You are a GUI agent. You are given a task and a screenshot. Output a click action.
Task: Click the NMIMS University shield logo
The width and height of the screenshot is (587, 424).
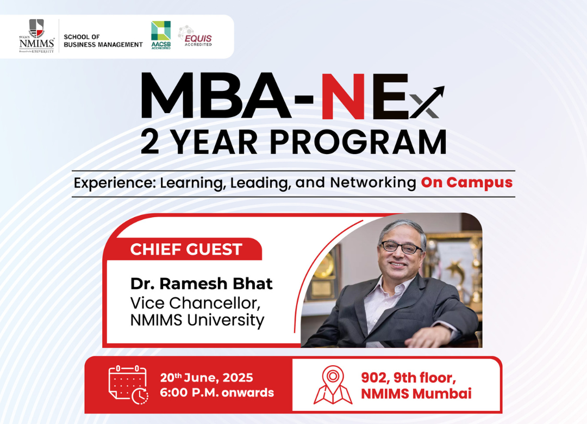pos(37,36)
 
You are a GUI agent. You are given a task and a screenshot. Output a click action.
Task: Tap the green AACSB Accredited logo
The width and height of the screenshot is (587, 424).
pos(161,35)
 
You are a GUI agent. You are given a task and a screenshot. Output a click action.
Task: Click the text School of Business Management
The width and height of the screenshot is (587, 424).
pos(103,41)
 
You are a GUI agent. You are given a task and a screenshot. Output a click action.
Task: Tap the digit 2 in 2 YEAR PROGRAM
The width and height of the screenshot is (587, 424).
pos(150,142)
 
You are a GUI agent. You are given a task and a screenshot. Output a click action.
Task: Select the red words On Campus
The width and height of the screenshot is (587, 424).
pos(467,182)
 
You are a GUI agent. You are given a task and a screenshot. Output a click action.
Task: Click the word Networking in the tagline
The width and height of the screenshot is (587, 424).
pos(373,183)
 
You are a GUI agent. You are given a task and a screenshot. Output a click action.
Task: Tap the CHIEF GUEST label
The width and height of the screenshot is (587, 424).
pos(186,249)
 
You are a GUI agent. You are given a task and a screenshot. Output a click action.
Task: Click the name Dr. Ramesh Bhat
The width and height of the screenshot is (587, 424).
pos(202,284)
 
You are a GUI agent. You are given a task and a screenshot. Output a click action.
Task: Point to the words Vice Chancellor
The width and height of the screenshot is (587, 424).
pos(196,303)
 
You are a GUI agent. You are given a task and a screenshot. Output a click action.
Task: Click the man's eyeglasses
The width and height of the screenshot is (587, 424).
pos(401,248)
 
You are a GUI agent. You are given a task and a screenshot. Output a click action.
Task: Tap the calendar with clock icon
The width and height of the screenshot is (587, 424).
pos(128,385)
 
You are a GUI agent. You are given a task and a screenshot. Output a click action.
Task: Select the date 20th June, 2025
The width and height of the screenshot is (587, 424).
pos(207,378)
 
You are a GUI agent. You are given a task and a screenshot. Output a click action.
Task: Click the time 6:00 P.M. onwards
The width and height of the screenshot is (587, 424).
pos(217,392)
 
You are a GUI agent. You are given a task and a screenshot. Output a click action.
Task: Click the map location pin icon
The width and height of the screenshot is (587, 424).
pos(333,385)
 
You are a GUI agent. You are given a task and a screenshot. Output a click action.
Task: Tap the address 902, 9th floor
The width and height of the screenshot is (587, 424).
pos(408,378)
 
